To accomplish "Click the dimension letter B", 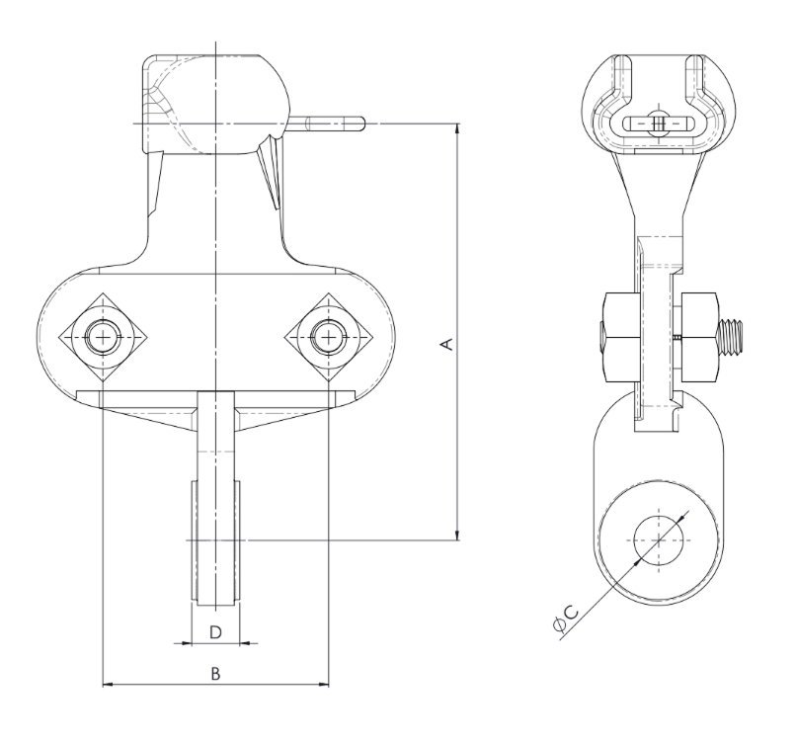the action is [215, 674].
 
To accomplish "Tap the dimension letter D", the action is [215, 632].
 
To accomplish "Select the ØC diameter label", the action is [566, 619].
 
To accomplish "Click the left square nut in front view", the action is [104, 337].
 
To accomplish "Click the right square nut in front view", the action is [329, 337].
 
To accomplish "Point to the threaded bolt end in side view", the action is [732, 337].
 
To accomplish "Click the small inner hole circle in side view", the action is [659, 540].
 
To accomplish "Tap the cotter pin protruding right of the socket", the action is [328, 124].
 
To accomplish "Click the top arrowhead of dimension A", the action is [458, 128].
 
